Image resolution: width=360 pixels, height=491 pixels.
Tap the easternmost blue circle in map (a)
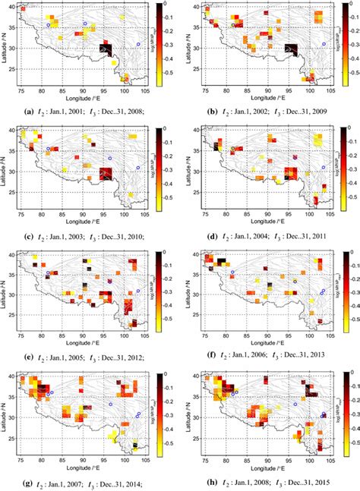tap(138, 45)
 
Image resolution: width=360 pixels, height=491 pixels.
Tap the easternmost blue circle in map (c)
tap(138, 168)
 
